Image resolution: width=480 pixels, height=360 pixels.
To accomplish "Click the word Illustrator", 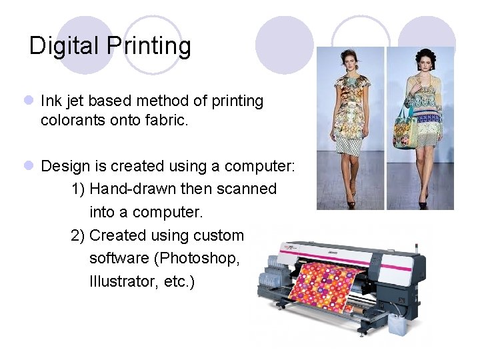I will (x=121, y=282).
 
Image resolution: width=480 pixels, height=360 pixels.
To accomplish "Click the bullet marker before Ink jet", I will (x=28, y=101).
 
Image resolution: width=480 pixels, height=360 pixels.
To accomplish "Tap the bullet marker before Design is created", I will (x=28, y=166).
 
